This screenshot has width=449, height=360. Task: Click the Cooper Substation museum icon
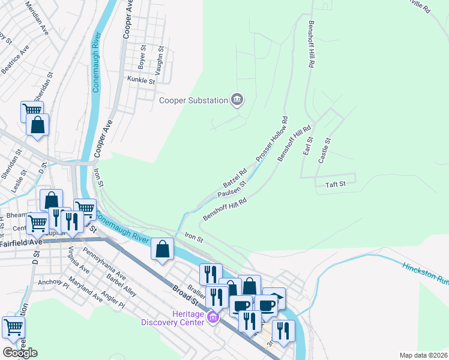237,100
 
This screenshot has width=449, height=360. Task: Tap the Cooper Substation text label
193,100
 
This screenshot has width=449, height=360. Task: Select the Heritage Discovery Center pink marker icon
211,316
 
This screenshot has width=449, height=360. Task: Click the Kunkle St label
141,80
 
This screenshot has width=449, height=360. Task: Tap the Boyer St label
142,57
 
